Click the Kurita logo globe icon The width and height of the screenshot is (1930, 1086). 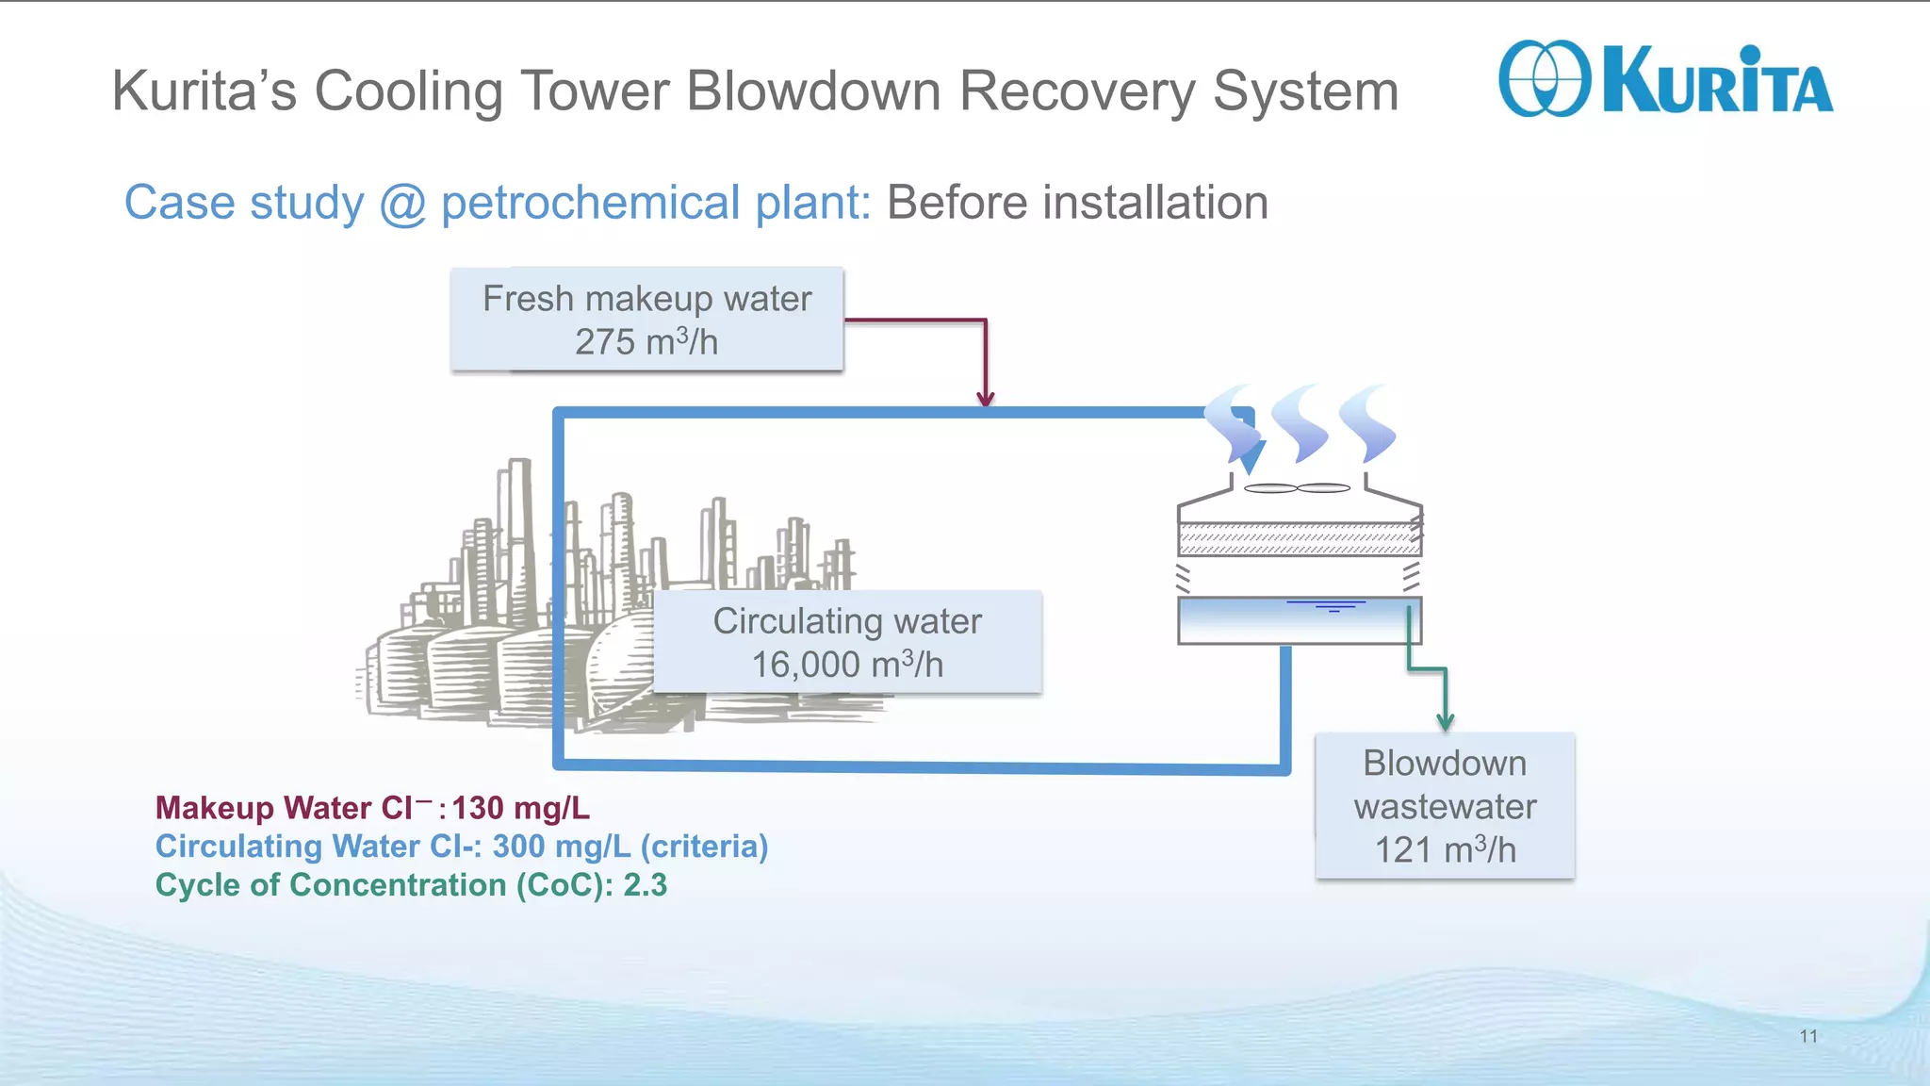(1544, 79)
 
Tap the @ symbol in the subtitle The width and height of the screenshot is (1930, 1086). (402, 204)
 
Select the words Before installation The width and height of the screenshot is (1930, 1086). (1077, 204)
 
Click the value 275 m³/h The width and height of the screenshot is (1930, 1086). (646, 342)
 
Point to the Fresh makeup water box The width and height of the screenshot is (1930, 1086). (646, 319)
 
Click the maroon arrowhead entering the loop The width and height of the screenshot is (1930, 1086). (986, 399)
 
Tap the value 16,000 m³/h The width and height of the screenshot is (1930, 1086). (846, 665)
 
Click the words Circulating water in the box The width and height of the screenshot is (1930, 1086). (846, 621)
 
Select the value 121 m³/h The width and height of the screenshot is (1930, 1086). (1445, 850)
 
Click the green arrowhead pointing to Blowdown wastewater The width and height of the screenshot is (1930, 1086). (1445, 722)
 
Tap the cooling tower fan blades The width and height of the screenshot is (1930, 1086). (1298, 488)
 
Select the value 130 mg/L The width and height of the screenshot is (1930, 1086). (520, 809)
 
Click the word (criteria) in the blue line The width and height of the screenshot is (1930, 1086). (704, 847)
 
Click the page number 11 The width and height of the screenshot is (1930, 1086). (1807, 1036)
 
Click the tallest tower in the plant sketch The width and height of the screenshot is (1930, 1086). (517, 528)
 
